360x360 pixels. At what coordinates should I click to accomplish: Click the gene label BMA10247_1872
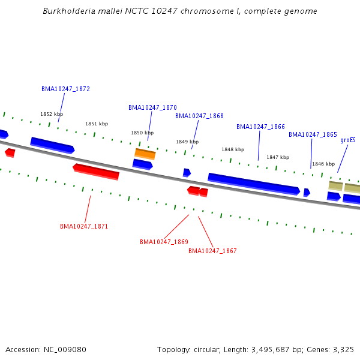[x=65, y=89]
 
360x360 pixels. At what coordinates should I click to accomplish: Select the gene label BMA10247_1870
[x=152, y=107]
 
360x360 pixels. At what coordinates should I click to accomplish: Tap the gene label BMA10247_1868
[x=199, y=116]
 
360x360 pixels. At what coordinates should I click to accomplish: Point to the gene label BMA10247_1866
[x=260, y=127]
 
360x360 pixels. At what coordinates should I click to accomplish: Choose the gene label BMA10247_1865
[x=313, y=134]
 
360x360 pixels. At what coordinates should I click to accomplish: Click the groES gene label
[x=348, y=140]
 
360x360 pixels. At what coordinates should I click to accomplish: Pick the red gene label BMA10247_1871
[x=84, y=226]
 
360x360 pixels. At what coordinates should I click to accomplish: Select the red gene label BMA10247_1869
[x=164, y=242]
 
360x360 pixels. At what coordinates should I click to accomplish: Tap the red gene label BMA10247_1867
[x=212, y=251]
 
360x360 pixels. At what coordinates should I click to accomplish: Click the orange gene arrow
[x=145, y=154]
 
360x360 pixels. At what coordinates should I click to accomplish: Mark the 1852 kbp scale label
[x=52, y=114]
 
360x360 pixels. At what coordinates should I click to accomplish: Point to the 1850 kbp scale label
[x=142, y=133]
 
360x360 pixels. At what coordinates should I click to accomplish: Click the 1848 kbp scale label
[x=233, y=149]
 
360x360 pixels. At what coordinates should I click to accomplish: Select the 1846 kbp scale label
[x=323, y=164]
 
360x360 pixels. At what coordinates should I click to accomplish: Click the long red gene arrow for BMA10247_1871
[x=96, y=171]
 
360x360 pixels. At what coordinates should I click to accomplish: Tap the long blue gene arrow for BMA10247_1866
[x=253, y=184]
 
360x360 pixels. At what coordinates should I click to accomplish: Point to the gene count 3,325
[x=343, y=349]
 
